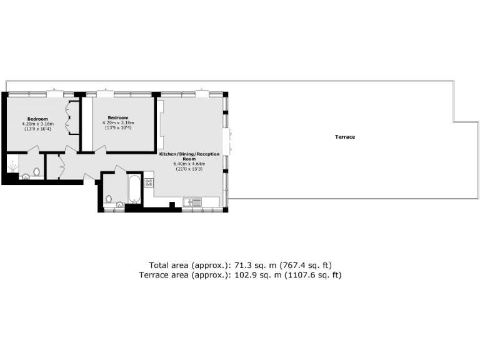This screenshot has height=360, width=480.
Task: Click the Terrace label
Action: (x=345, y=137)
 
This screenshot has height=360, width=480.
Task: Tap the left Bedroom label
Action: (x=37, y=119)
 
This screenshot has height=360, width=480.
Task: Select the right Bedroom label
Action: (x=117, y=117)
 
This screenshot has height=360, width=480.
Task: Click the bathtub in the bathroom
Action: (x=134, y=189)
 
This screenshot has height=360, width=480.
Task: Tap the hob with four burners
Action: (x=149, y=183)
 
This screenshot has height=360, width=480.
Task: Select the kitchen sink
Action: (x=192, y=201)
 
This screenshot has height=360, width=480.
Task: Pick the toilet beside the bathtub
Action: (x=109, y=199)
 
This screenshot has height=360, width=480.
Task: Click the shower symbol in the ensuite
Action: (x=13, y=167)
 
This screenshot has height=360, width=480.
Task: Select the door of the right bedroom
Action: (x=100, y=148)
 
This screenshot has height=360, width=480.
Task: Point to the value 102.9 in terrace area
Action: (x=245, y=274)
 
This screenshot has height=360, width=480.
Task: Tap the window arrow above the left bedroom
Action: (x=54, y=89)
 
